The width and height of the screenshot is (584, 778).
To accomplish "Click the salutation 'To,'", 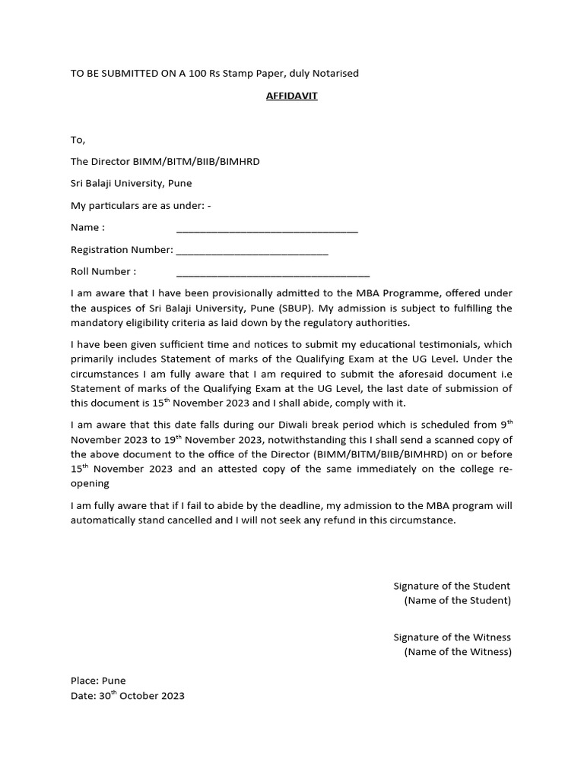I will click(x=78, y=140).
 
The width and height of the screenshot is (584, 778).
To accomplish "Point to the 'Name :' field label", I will click(x=87, y=227).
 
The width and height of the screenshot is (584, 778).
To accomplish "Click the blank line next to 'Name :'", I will click(x=267, y=229).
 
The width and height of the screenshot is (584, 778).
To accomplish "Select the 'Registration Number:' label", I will click(x=122, y=249).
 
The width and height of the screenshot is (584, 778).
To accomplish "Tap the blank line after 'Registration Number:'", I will click(x=252, y=251).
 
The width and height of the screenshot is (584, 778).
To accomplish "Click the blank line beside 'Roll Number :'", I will click(x=273, y=274).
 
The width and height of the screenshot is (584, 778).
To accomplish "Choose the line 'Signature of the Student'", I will click(x=452, y=586).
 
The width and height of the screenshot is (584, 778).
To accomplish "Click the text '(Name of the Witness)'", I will click(x=458, y=652).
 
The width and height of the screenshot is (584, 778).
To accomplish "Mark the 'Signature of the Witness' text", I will click(x=452, y=637).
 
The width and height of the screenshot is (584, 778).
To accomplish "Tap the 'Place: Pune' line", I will click(x=98, y=681).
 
